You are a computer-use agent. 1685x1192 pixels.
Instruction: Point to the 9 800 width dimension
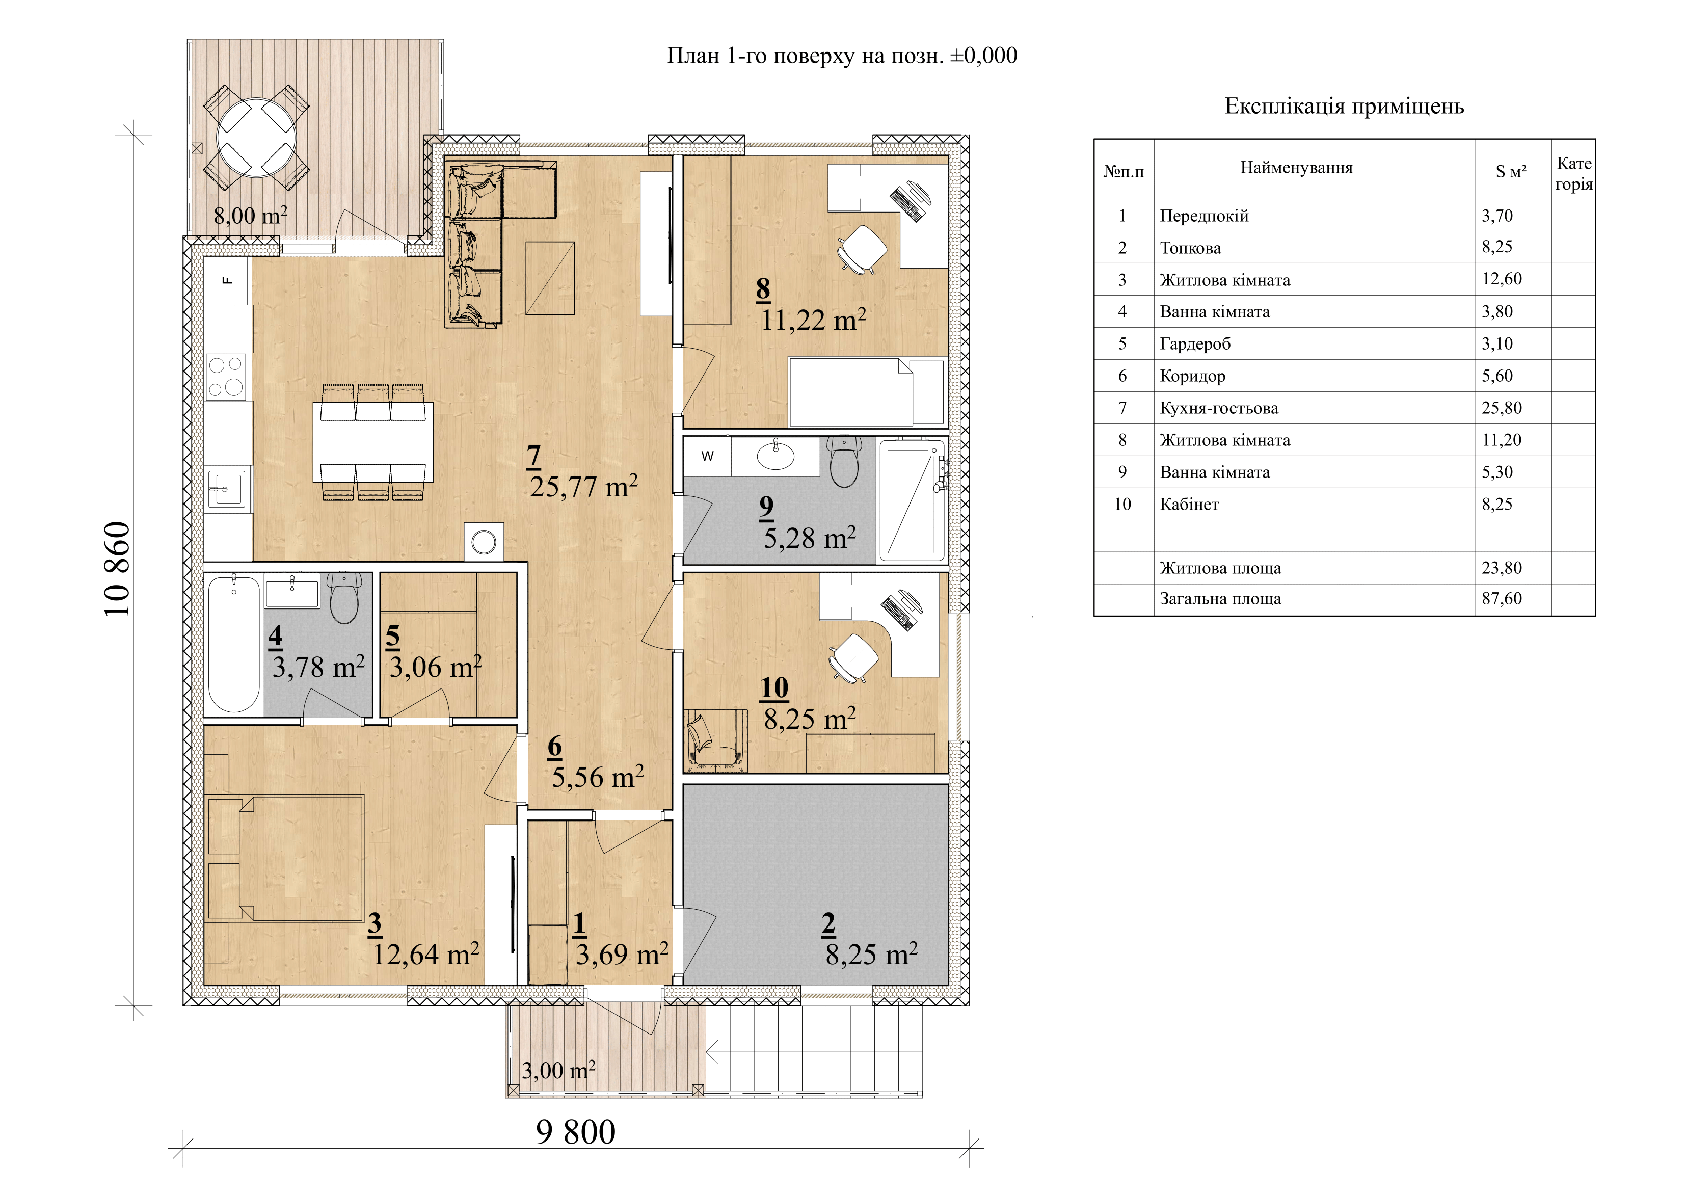point(575,1132)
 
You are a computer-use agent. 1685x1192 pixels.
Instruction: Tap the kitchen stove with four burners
point(226,377)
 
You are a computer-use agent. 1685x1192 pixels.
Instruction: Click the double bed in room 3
point(285,858)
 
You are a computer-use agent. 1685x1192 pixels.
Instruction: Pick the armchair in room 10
point(715,740)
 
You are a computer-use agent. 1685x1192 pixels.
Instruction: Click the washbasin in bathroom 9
point(775,456)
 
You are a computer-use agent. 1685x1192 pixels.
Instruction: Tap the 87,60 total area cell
point(1502,598)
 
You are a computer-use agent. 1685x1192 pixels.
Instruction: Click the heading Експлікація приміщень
point(1344,107)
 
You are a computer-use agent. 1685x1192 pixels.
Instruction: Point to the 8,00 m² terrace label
point(250,216)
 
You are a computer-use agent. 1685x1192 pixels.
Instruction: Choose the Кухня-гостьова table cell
point(1218,408)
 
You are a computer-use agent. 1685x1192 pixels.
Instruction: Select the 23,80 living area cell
point(1502,567)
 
